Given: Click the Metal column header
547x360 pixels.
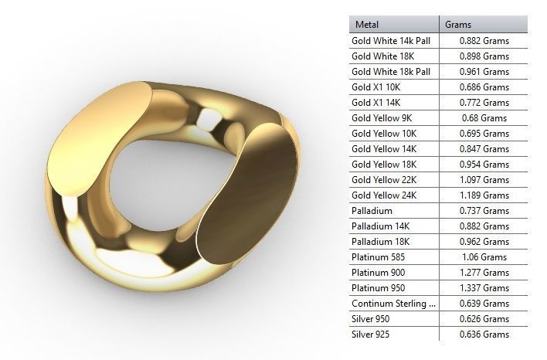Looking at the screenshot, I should click(367, 25).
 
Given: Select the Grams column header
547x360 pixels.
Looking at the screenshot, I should click(458, 25).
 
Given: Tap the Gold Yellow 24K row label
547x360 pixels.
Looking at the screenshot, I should click(384, 195).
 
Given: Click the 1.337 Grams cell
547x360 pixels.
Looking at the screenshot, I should click(484, 288).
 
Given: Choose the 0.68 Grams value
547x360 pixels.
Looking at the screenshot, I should click(484, 118).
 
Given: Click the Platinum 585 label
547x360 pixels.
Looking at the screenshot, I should click(379, 257).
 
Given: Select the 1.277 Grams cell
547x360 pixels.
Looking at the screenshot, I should click(484, 273).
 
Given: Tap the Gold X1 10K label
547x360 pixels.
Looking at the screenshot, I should click(376, 87).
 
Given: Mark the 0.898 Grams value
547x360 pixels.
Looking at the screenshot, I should click(484, 56).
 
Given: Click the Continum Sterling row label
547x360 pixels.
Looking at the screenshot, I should click(393, 304).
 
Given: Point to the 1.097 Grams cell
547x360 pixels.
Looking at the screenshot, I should click(484, 180).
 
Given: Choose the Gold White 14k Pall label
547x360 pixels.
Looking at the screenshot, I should click(391, 41).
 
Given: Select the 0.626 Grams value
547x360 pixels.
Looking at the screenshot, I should click(484, 319).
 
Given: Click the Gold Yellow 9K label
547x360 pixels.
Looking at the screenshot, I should click(382, 118).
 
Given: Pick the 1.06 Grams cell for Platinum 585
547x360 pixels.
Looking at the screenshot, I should click(484, 257).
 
